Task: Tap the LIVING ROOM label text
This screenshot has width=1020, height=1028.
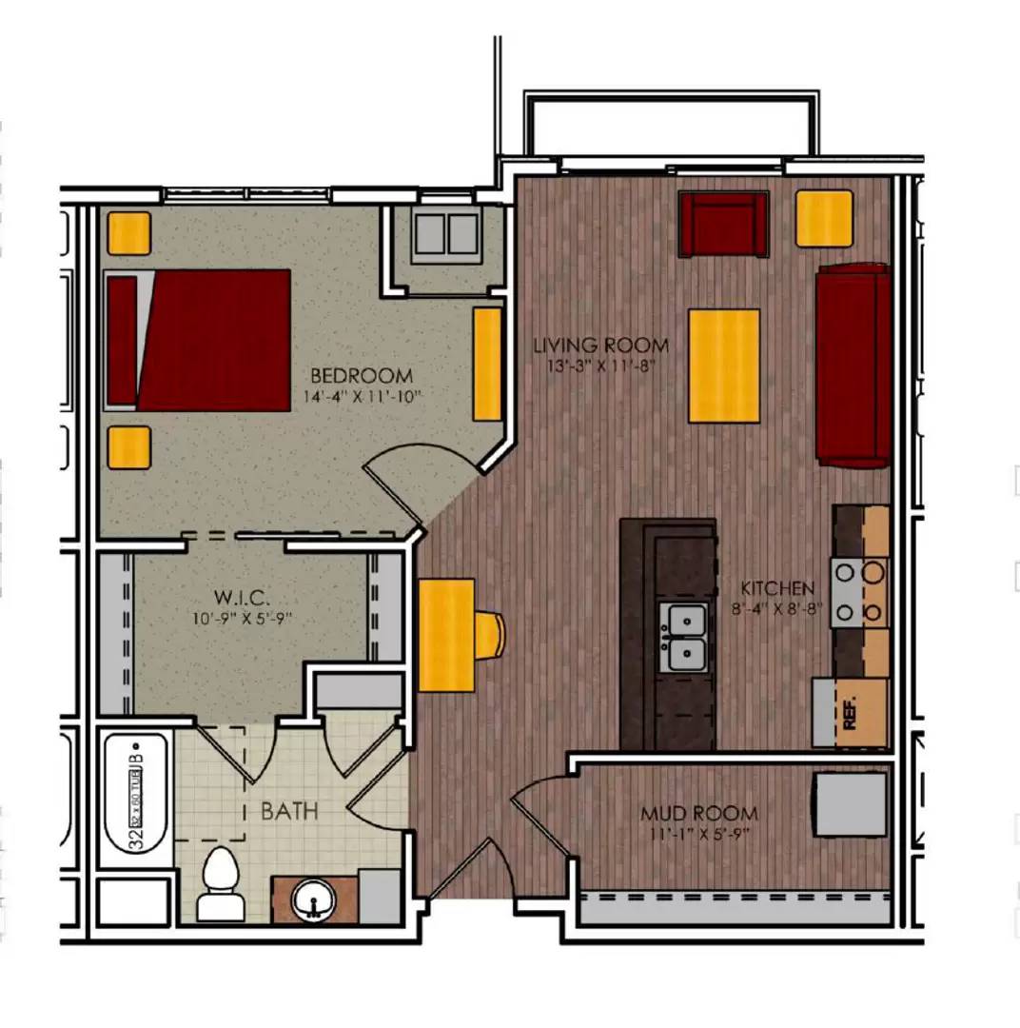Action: pyautogui.click(x=600, y=346)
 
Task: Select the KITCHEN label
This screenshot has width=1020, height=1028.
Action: pyautogui.click(x=777, y=588)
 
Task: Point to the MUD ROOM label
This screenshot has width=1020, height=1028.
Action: pyautogui.click(x=698, y=814)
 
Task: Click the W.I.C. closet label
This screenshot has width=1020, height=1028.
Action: pyautogui.click(x=243, y=600)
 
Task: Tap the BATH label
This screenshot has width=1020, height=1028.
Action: pyautogui.click(x=289, y=812)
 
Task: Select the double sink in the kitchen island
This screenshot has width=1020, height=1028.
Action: pyautogui.click(x=683, y=637)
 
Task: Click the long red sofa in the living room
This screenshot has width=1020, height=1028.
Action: pyautogui.click(x=853, y=366)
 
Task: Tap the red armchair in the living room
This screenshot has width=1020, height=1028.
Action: pyautogui.click(x=723, y=224)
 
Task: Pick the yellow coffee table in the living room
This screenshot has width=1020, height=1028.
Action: pyautogui.click(x=724, y=366)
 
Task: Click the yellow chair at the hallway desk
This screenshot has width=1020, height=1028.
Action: pyautogui.click(x=490, y=635)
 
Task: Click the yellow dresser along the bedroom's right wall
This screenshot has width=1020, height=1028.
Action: pyautogui.click(x=487, y=364)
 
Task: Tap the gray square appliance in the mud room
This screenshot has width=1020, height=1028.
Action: pyautogui.click(x=851, y=804)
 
